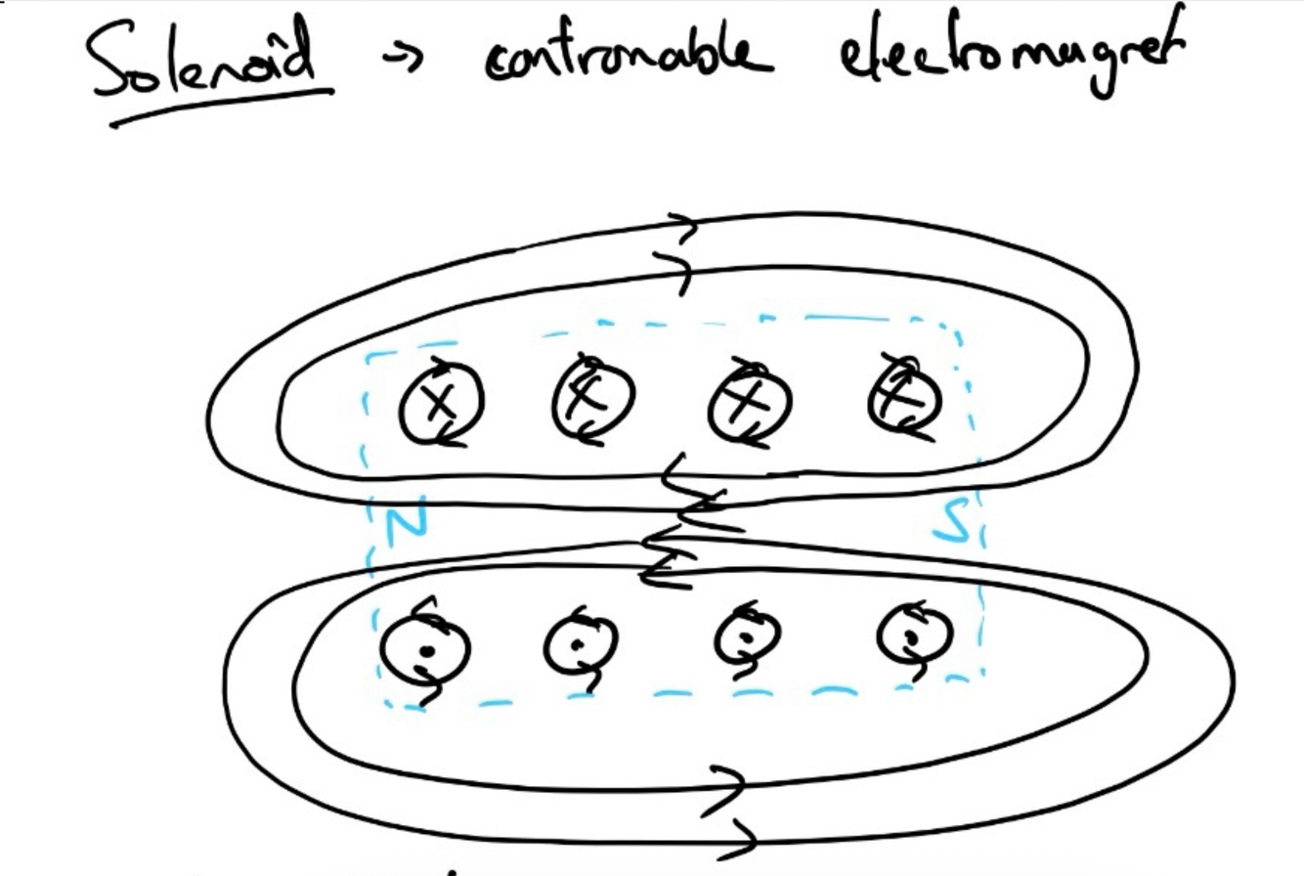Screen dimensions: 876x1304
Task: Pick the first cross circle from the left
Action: pos(441,403)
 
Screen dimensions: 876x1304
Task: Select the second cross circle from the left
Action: pos(593,399)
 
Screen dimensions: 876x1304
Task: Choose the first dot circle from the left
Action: pos(424,649)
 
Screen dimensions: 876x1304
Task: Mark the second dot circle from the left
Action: pos(581,644)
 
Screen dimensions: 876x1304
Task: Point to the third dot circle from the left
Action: pos(747,637)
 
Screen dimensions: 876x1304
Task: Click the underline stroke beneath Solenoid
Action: pos(221,107)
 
